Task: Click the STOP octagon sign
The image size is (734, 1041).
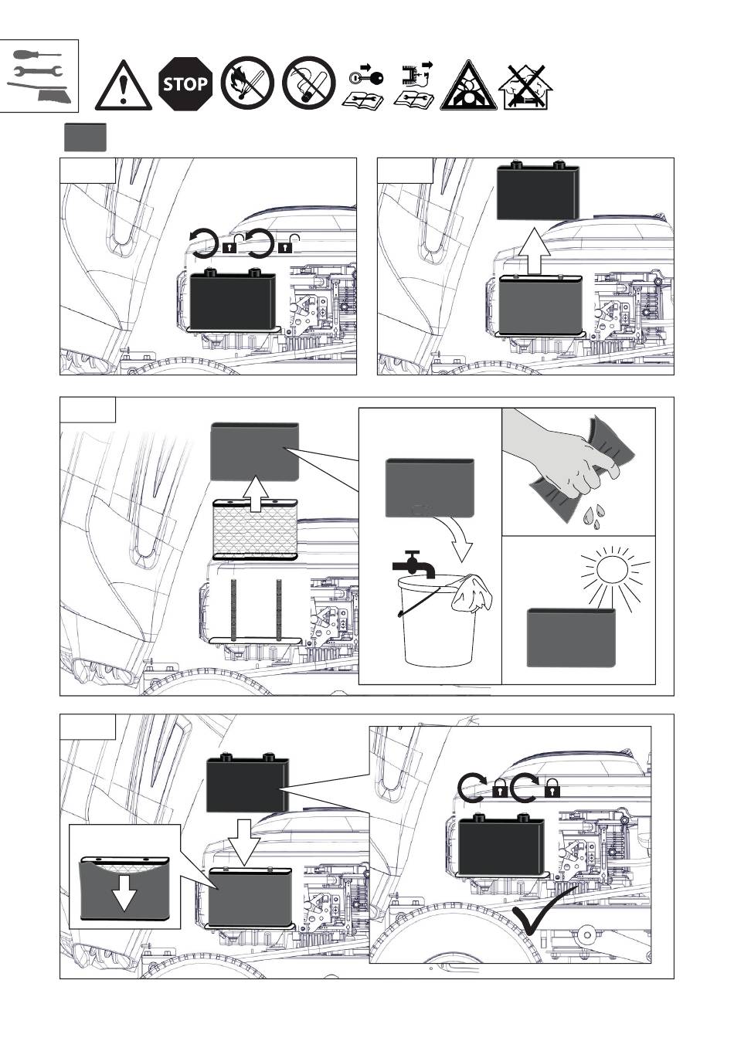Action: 185,83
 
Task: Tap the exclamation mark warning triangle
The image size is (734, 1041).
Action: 123,86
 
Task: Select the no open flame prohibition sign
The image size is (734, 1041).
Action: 247,83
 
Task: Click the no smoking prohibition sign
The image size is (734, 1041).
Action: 308,83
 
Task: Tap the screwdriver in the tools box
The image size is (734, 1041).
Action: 37,55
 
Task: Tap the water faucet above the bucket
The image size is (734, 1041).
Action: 413,565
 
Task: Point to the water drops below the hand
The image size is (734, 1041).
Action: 594,514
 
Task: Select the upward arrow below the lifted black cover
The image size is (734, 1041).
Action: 534,251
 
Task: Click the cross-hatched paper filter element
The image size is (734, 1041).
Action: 255,529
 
